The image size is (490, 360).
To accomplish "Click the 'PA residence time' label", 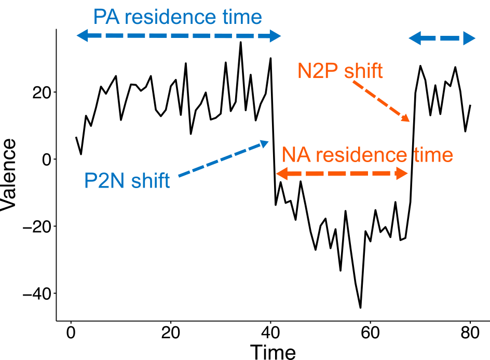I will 178,17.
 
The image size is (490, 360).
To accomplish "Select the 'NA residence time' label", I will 367,155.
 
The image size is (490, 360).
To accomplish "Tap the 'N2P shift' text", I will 341,71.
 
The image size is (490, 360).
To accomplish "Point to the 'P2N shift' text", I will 127,181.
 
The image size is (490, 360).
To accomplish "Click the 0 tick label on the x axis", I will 71,332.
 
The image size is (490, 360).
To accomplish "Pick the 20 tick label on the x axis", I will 170,332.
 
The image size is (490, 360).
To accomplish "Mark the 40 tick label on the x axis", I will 270,332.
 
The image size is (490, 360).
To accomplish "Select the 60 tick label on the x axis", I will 370,332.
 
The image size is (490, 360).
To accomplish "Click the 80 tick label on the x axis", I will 470,332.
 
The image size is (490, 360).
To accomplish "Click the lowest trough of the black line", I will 360,308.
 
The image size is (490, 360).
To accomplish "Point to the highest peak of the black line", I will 240,42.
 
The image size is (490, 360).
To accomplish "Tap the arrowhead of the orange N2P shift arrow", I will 406,119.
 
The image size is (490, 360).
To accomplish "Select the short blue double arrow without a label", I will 442,38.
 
